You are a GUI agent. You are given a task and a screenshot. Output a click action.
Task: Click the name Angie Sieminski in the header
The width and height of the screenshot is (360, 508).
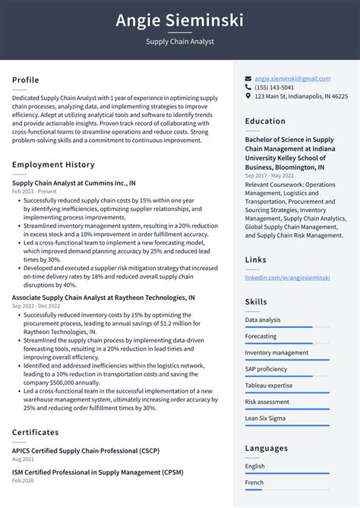point(179,20)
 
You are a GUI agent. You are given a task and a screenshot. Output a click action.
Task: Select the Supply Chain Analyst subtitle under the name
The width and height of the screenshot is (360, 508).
point(179,42)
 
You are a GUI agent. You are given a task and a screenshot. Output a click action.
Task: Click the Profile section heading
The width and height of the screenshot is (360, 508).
point(25,80)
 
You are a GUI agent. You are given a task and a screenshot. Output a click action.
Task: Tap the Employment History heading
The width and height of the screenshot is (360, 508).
point(53,165)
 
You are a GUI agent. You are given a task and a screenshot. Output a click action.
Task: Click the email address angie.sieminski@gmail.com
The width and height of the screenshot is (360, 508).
point(292,78)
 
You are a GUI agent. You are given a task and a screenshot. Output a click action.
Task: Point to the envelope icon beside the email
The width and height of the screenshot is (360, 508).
point(248,78)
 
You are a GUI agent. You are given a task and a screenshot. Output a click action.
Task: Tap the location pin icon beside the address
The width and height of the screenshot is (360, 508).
point(248,96)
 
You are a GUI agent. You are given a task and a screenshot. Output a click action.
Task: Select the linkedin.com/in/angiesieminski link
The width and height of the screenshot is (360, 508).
point(287,278)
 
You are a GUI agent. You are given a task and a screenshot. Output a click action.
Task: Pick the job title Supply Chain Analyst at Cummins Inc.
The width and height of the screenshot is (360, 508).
point(74,183)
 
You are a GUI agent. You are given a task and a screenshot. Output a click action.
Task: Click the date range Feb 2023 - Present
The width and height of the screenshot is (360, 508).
point(34,191)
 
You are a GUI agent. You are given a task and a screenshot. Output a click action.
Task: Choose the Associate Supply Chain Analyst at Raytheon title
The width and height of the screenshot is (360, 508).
point(103,298)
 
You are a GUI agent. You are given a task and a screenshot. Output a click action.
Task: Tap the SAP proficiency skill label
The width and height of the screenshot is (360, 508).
point(266,369)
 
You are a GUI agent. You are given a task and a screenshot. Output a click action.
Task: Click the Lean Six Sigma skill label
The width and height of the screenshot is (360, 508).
point(264,418)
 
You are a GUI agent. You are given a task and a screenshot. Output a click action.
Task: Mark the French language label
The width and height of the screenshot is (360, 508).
point(254,482)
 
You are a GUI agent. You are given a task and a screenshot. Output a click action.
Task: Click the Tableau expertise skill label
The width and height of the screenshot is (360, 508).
point(268,386)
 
